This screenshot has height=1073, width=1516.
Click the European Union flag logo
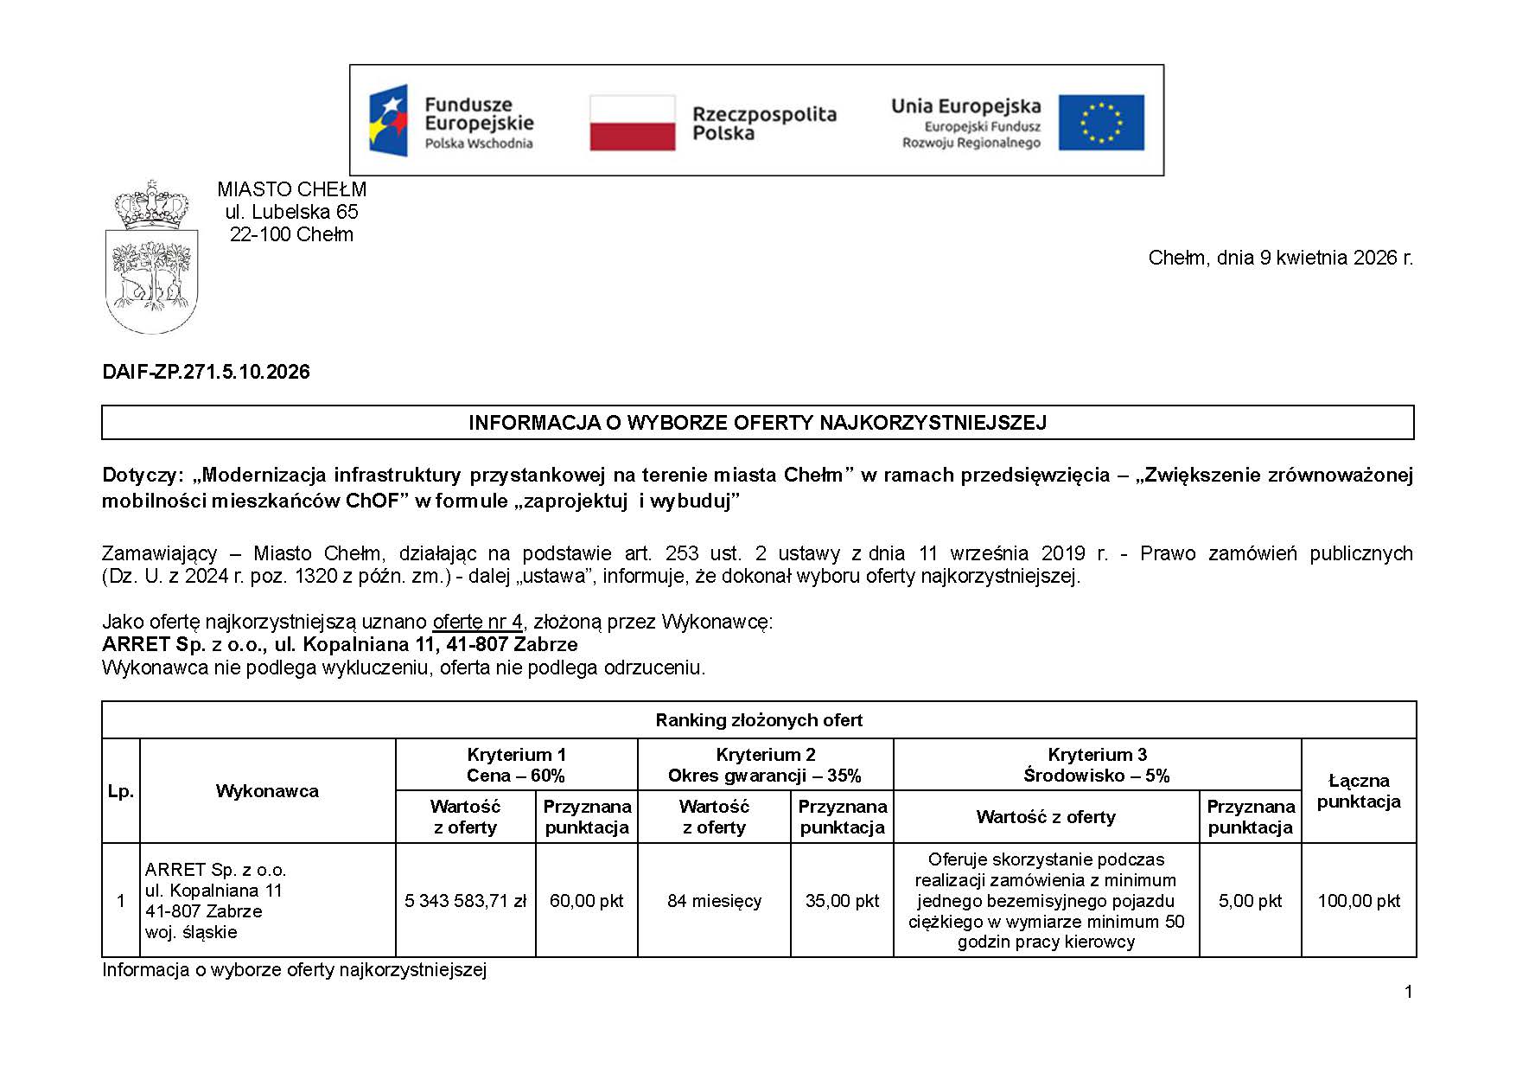[1100, 123]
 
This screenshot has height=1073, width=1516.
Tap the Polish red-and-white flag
[632, 123]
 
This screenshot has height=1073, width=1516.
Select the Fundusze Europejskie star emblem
[389, 120]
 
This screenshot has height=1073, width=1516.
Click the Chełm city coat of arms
[152, 258]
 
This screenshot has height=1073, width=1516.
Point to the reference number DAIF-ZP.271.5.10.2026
[206, 372]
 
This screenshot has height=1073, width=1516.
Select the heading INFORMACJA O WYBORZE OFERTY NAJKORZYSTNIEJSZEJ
[757, 423]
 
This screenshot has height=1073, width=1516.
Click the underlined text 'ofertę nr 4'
[477, 622]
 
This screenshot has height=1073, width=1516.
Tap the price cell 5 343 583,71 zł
[465, 901]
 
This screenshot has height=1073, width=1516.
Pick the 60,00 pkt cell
[586, 901]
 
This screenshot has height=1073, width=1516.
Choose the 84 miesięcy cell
[714, 901]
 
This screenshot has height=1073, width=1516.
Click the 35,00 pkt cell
[842, 901]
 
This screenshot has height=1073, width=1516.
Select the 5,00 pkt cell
[1250, 901]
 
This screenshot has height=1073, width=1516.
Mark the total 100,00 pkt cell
[1359, 901]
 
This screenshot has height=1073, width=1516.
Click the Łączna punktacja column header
[1359, 791]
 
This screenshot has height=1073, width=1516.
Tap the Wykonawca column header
[267, 791]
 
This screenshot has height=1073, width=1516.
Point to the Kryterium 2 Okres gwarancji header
[765, 765]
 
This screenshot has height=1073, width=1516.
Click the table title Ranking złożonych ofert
[759, 720]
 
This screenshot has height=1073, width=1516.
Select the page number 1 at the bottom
[1409, 992]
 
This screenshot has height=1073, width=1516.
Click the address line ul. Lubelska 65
[291, 212]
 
